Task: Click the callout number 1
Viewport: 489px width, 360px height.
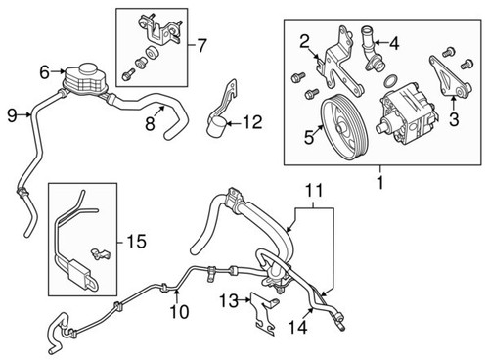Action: pos(378,181)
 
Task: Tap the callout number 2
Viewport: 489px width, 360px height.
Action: pos(304,40)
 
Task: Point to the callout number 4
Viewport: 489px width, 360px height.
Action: pos(394,43)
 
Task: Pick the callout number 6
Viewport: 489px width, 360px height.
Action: pos(44,71)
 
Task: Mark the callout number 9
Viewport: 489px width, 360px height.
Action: pos(11,116)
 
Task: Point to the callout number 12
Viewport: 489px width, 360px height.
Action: pos(252,122)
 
